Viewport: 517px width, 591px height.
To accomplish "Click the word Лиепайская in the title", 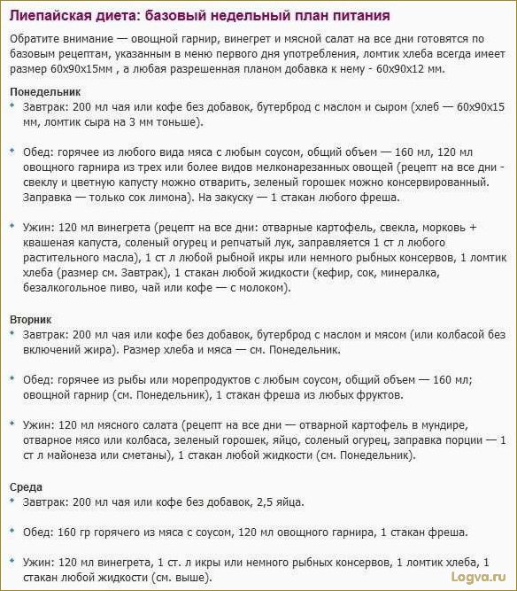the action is pyautogui.click(x=55, y=17).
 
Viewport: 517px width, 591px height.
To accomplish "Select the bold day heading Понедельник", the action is pyautogui.click(x=45, y=90).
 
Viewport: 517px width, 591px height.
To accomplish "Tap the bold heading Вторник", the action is pyautogui.click(x=31, y=318).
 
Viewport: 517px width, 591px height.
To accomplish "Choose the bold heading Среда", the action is pyautogui.click(x=26, y=486).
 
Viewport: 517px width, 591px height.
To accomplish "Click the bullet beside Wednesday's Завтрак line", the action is pyautogui.click(x=12, y=502).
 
